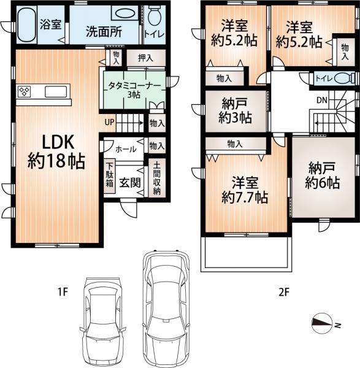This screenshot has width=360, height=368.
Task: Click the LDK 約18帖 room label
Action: click(x=52, y=151)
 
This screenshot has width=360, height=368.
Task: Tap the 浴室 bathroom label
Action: click(x=50, y=25)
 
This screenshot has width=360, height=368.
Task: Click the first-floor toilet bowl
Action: click(x=154, y=15)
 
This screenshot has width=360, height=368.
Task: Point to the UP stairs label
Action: click(x=109, y=122)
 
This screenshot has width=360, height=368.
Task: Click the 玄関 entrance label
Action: click(x=128, y=182)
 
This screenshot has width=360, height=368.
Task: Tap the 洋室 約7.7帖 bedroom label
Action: click(x=244, y=190)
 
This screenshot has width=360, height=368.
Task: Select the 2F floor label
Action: click(x=283, y=293)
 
